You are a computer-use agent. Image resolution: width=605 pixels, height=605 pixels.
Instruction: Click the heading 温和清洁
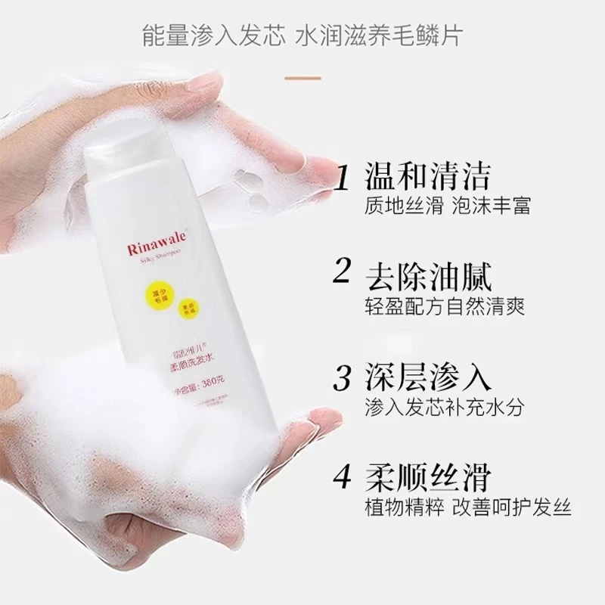pyautogui.click(x=428, y=175)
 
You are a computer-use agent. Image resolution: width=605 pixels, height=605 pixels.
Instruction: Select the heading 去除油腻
pyautogui.click(x=428, y=273)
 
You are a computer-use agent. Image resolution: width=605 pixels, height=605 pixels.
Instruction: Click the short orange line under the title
pyautogui.click(x=302, y=77)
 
